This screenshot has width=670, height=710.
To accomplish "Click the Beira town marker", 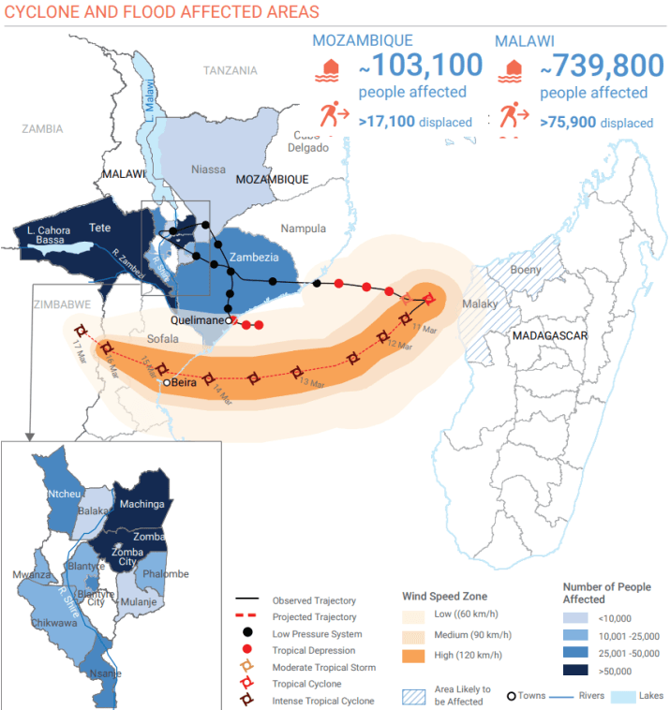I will pos(167,382).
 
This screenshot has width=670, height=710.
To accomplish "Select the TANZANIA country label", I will pos(230,70).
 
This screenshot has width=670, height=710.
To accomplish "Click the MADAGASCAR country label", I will pos(550,335).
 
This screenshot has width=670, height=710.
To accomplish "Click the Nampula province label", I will pos(303,228).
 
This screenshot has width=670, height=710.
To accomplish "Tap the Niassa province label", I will pos(208,170).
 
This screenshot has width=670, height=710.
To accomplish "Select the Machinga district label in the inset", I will pos(141,504).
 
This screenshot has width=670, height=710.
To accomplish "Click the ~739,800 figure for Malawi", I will pos(593,67).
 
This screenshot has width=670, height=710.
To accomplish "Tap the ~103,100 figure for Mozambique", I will pos(421,67).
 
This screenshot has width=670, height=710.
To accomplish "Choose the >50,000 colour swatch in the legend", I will pos(579,672).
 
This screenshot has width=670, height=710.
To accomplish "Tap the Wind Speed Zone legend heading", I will pos(444,596).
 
